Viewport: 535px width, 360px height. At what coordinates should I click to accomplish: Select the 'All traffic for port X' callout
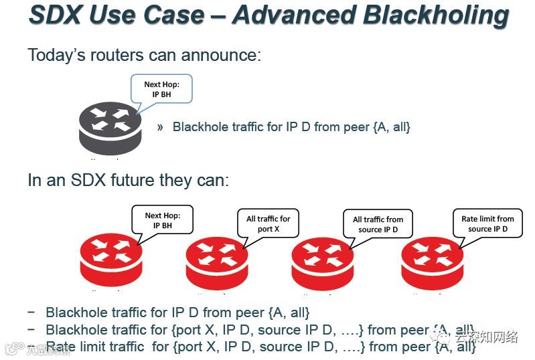(x=268, y=223)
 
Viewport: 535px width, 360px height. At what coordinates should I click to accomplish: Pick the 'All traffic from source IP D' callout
(x=378, y=224)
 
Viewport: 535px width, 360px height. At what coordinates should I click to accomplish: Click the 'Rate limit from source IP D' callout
(x=487, y=223)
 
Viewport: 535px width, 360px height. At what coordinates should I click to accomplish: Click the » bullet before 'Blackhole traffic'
(x=160, y=126)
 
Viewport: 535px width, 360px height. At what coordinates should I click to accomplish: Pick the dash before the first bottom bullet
(x=31, y=312)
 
